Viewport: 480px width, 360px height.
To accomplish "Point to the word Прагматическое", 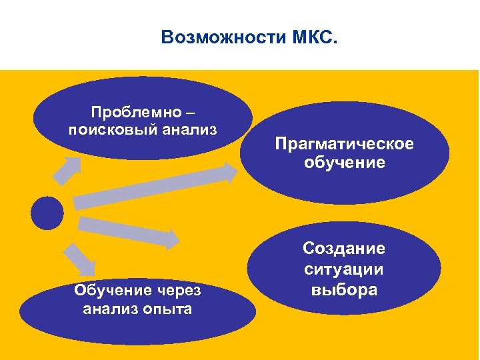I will (x=345, y=144).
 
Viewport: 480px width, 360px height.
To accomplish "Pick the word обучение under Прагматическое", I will (x=345, y=163).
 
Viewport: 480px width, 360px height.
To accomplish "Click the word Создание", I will (x=344, y=249).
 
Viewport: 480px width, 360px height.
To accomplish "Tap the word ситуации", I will (x=344, y=269).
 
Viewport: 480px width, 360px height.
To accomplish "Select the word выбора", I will (x=344, y=290).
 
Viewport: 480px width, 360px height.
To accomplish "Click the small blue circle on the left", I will (x=47, y=213).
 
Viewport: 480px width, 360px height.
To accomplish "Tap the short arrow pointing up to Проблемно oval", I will (x=66, y=170).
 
